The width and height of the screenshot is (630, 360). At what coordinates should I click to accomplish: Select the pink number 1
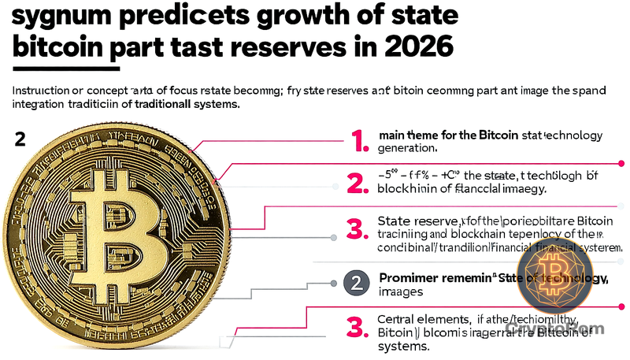[359, 141]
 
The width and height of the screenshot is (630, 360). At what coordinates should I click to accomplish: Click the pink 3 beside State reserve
[359, 230]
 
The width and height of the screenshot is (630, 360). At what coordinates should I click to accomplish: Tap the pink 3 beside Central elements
[359, 326]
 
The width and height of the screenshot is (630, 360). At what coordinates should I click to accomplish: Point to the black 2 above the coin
[20, 139]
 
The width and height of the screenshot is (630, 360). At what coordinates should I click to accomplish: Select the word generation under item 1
[408, 147]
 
